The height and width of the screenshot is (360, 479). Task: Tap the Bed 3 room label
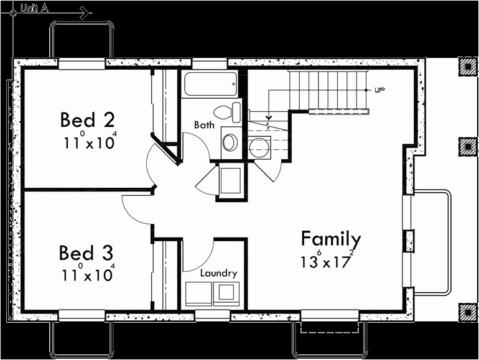click(x=86, y=253)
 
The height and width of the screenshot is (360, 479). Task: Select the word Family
click(x=330, y=239)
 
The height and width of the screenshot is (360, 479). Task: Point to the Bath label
click(x=204, y=125)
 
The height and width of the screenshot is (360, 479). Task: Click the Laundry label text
click(x=218, y=273)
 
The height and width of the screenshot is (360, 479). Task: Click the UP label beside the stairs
click(x=380, y=90)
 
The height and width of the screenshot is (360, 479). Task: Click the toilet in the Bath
click(x=226, y=112)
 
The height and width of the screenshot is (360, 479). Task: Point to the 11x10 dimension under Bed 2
click(x=89, y=142)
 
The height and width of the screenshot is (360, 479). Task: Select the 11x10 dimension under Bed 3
click(x=87, y=274)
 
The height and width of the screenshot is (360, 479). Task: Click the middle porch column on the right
click(x=466, y=147)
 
